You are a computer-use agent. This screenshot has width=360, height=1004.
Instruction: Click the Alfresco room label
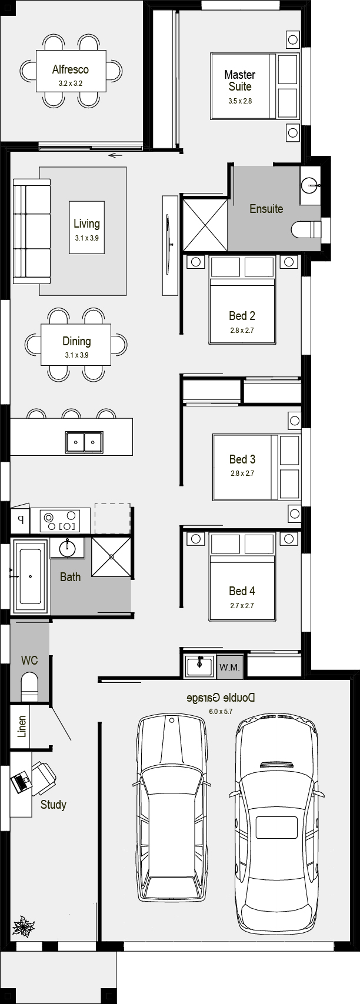[71, 69]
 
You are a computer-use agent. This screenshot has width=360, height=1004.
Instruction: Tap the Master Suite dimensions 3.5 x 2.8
[240, 101]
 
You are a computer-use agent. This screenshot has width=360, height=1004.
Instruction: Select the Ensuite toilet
[306, 229]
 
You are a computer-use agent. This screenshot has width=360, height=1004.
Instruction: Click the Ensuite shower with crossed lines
[205, 225]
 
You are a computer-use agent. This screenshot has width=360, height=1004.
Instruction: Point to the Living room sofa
[31, 231]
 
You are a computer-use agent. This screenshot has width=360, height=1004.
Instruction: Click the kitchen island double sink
[84, 442]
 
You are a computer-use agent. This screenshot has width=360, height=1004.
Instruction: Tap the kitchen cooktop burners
[61, 521]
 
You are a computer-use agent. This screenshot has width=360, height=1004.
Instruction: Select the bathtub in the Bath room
[30, 576]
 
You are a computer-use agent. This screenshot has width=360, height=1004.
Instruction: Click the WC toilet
[30, 686]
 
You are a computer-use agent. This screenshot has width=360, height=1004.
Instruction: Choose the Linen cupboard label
[22, 726]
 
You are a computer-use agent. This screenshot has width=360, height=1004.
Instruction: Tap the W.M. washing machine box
[229, 668]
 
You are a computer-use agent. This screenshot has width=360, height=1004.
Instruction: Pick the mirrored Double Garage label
[221, 698]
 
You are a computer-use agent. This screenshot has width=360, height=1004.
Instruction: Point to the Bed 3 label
[242, 459]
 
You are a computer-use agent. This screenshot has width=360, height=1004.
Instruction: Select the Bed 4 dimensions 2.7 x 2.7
[242, 606]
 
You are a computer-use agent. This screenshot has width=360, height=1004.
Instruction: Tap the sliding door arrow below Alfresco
[115, 155]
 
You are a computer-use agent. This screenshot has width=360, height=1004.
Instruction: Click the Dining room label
[76, 341]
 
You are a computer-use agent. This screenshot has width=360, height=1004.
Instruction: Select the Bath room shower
[111, 556]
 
